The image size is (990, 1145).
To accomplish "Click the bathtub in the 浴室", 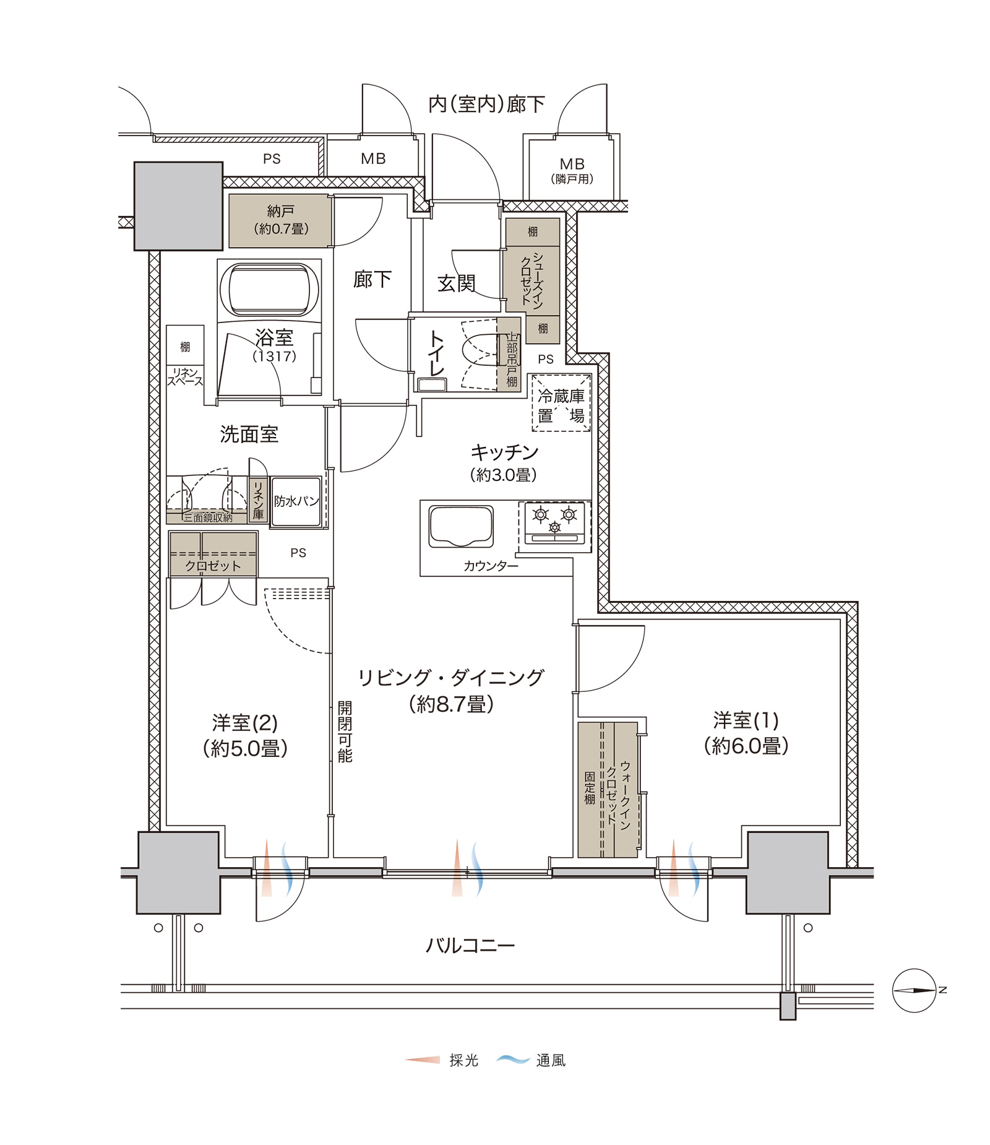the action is [x=269, y=290].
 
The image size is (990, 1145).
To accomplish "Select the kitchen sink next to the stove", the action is [x=461, y=527].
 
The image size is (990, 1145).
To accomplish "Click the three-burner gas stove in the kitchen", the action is [x=555, y=524].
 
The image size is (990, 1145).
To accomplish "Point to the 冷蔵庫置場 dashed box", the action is [x=561, y=403].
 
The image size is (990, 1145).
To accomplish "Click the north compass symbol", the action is [x=915, y=990].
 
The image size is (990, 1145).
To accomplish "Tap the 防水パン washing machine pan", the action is [x=296, y=501].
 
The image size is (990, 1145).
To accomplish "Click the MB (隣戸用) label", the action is [x=572, y=171].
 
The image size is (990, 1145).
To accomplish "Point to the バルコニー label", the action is [x=470, y=945].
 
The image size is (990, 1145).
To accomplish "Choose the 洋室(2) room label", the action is [x=245, y=735].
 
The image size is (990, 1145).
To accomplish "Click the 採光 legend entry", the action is [x=442, y=1060].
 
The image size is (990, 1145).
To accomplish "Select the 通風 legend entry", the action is [x=531, y=1060].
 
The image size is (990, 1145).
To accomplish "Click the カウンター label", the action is [x=491, y=566].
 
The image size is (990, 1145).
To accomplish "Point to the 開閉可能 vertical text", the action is [x=345, y=732].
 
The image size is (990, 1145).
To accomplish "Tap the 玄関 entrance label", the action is [x=457, y=283].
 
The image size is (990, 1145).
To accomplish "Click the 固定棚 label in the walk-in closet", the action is [x=590, y=788].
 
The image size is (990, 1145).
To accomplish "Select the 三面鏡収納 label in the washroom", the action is [x=208, y=517].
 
